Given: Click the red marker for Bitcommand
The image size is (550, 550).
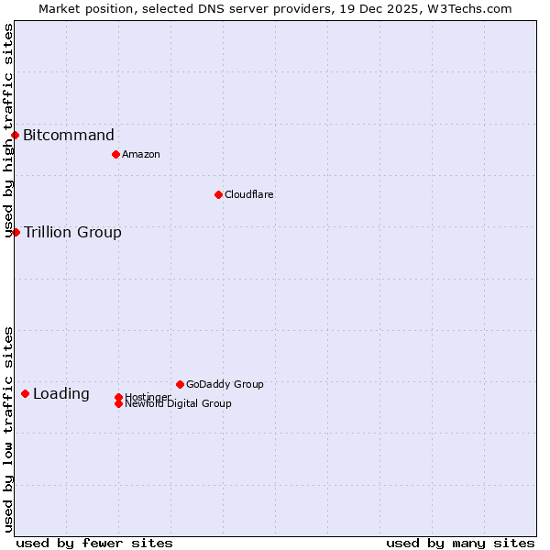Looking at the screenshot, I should pyautogui.click(x=15, y=136).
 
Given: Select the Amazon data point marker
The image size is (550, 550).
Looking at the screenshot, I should pyautogui.click(x=115, y=154).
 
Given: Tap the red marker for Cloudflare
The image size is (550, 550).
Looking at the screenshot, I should pyautogui.click(x=218, y=194).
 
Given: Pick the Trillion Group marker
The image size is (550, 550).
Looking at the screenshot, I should pyautogui.click(x=16, y=233).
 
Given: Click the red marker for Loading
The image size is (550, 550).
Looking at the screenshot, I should pyautogui.click(x=25, y=394).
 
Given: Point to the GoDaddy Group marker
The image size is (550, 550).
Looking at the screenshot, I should pyautogui.click(x=180, y=384).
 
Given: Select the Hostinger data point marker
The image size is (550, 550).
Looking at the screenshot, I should pyautogui.click(x=118, y=397).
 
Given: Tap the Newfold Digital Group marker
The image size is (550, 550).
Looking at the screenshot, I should pyautogui.click(x=118, y=404).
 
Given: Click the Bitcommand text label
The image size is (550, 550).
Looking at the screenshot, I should pyautogui.click(x=69, y=136).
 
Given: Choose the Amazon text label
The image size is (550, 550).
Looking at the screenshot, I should pyautogui.click(x=141, y=154).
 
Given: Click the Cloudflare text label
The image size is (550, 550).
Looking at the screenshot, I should pyautogui.click(x=249, y=194).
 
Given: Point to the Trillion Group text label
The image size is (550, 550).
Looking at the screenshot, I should pyautogui.click(x=72, y=233).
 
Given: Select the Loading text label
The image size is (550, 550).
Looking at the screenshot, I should pyautogui.click(x=61, y=394).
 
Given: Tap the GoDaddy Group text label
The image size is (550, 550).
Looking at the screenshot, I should pyautogui.click(x=225, y=384).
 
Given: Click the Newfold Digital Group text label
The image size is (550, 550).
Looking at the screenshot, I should pyautogui.click(x=179, y=404).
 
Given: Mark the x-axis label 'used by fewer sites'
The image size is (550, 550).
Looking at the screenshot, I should pyautogui.click(x=94, y=543).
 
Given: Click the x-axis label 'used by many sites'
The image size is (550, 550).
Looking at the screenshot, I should pyautogui.click(x=460, y=543).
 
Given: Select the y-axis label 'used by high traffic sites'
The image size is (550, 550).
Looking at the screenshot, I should pyautogui.click(x=8, y=130).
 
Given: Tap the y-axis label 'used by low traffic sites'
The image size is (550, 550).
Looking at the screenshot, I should pyautogui.click(x=8, y=429).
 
